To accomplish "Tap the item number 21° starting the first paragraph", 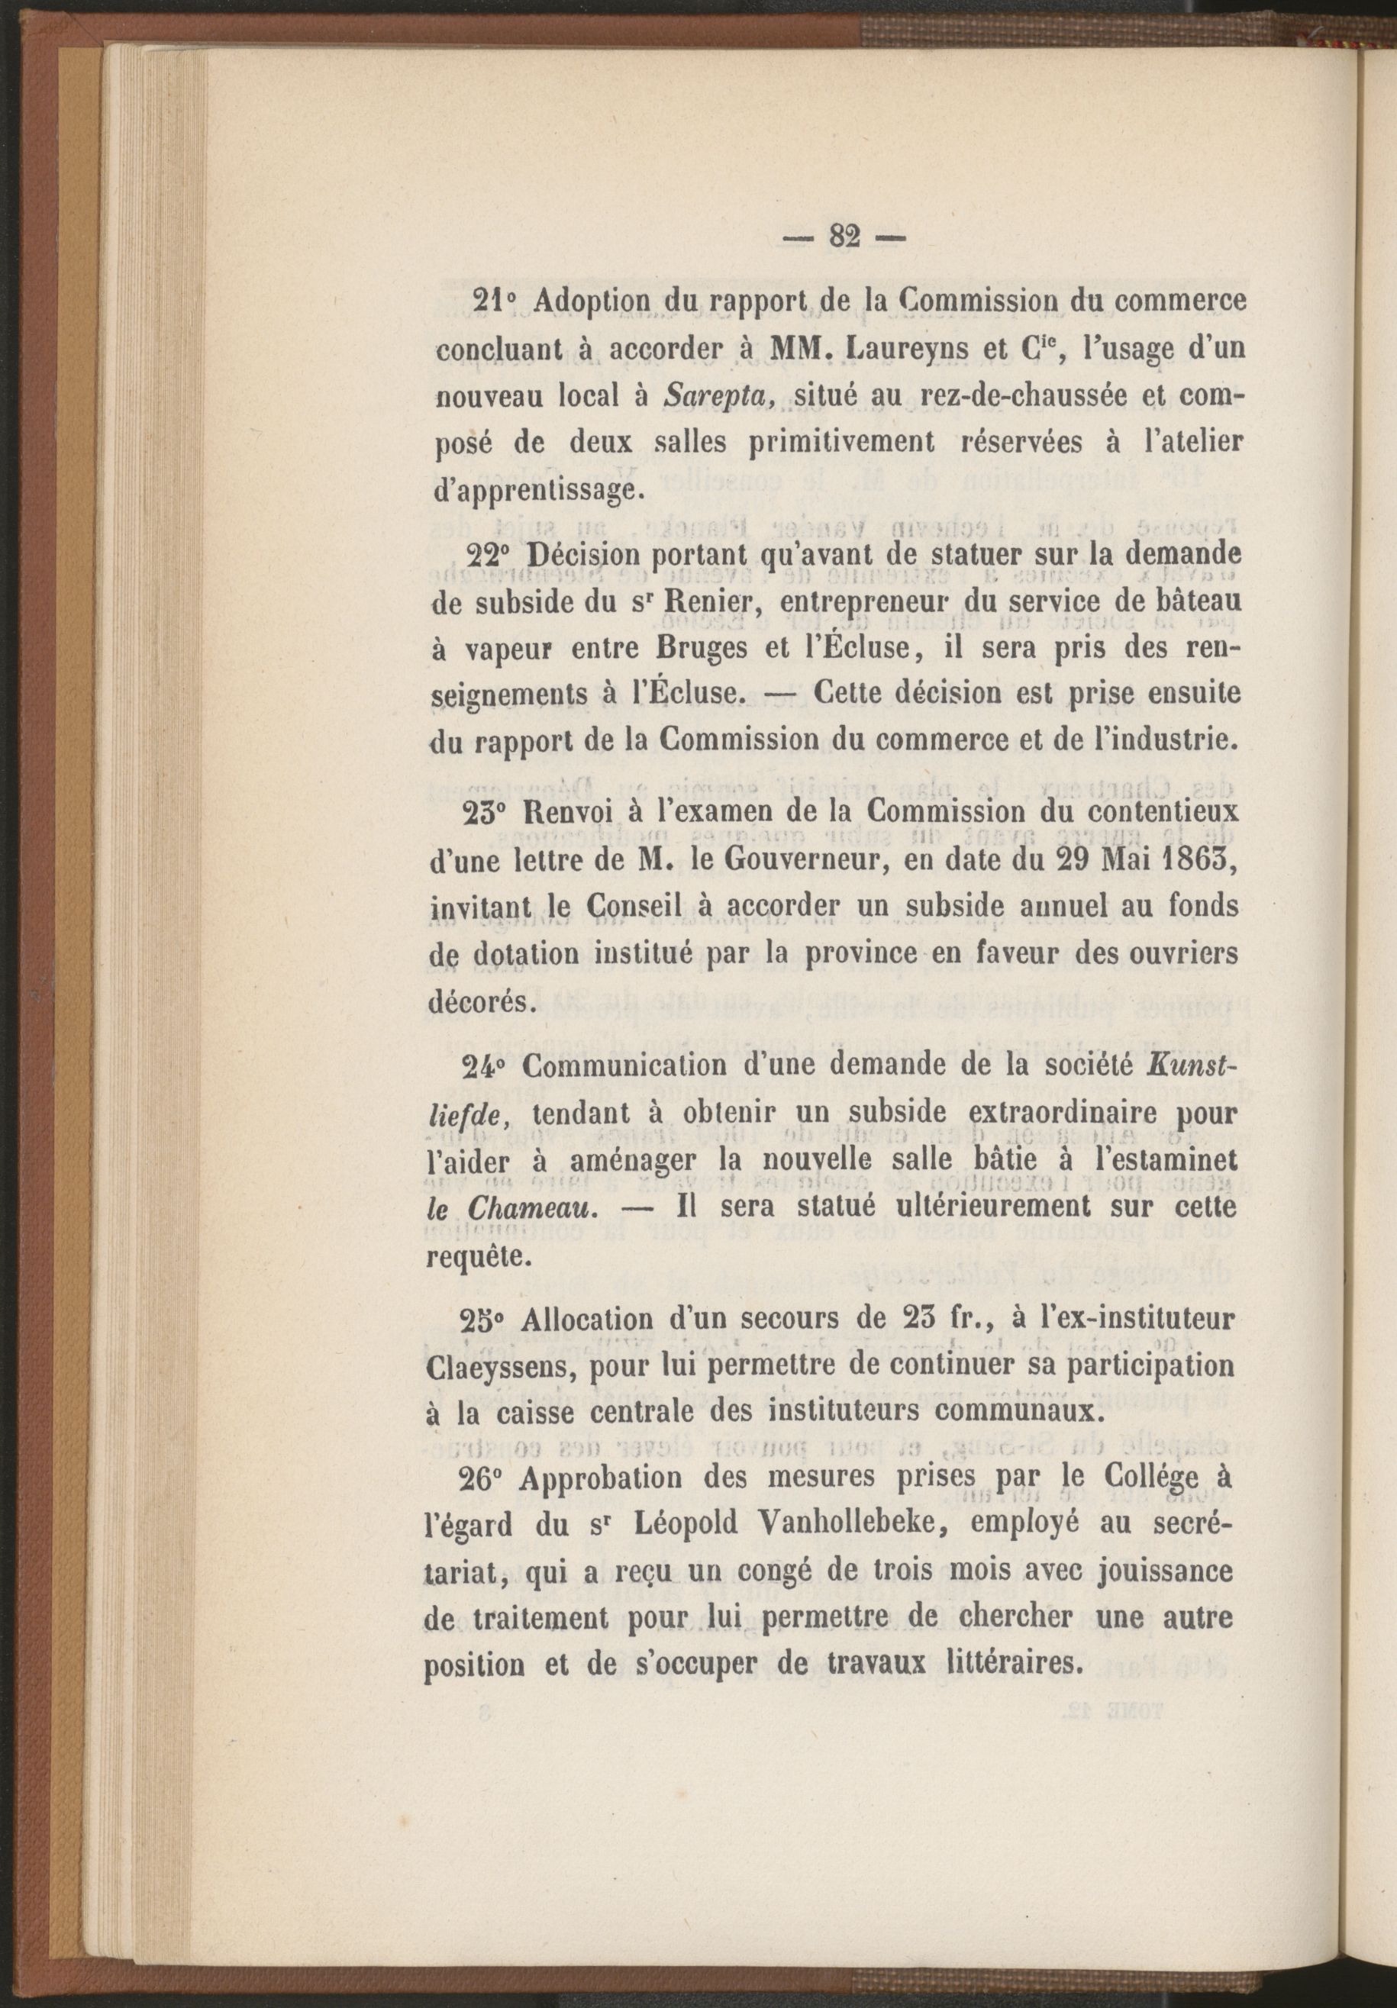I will click(496, 301).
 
